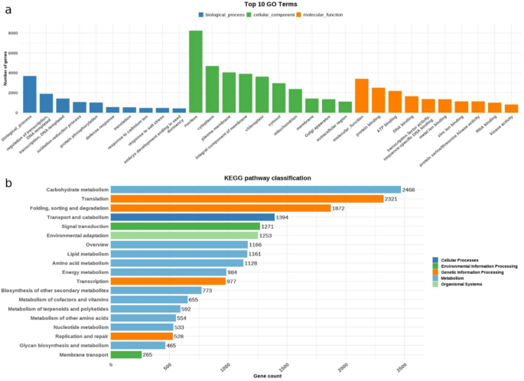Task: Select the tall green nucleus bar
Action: (x=196, y=71)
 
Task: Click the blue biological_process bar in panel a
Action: (x=30, y=94)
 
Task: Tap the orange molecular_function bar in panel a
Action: (x=362, y=96)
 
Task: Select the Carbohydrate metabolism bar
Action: (x=255, y=189)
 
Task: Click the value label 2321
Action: (x=393, y=199)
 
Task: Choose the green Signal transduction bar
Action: (x=185, y=226)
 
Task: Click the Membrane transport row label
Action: (x=80, y=354)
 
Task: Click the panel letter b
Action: (x=7, y=184)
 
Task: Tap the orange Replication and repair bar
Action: (x=142, y=336)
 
